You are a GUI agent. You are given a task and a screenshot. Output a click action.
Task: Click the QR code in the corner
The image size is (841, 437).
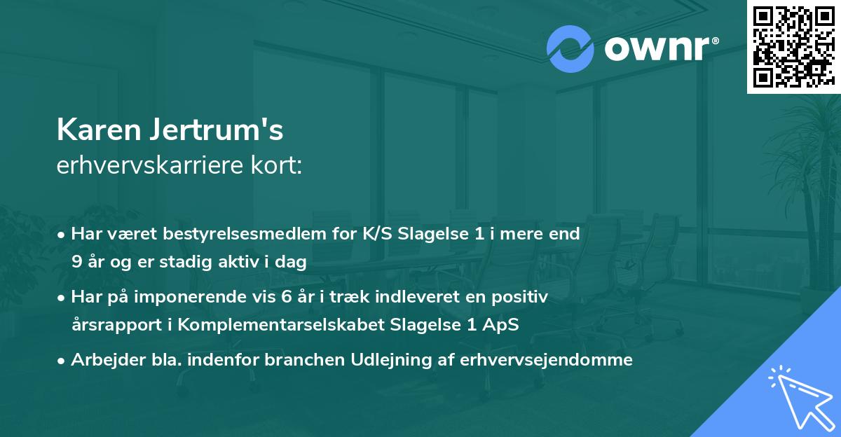[793, 46]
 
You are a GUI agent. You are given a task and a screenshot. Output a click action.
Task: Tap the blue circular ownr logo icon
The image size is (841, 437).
[570, 49]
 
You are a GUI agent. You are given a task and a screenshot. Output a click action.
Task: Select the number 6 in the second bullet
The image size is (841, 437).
[286, 297]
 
